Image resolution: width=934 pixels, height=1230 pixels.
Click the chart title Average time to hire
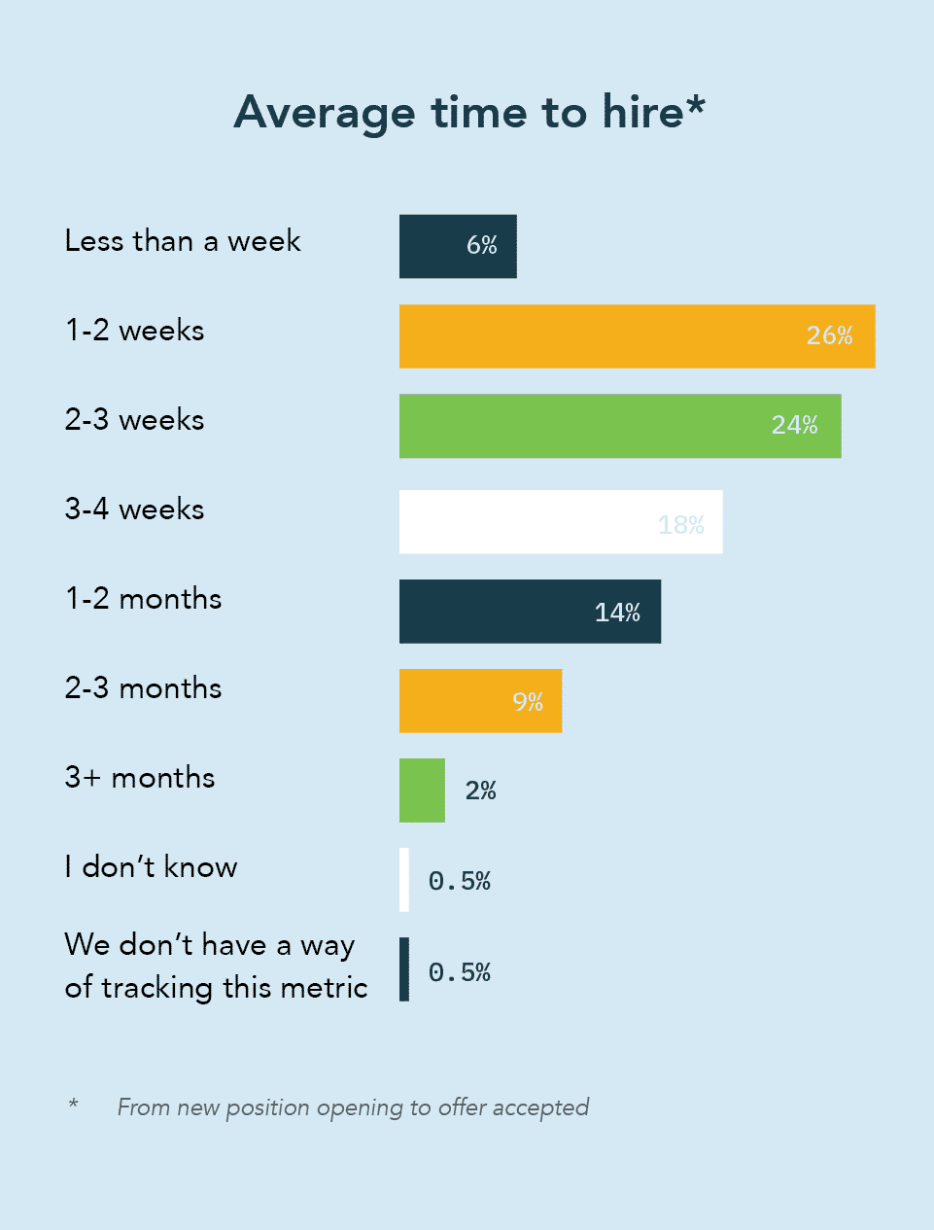coord(468,113)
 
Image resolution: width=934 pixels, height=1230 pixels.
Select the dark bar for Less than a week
coord(458,246)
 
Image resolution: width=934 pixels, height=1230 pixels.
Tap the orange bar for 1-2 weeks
coord(637,336)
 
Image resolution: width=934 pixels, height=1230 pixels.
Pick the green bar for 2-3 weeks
coord(620,426)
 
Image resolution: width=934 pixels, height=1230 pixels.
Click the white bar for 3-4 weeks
coord(561,522)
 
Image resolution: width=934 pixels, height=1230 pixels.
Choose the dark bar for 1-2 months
coord(530,612)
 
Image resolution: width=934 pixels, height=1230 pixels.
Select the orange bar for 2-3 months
coord(480,701)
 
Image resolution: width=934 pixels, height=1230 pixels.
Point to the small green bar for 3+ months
coord(422,791)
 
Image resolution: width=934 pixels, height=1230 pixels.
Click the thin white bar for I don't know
coord(404,880)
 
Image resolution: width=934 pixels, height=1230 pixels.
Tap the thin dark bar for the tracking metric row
coord(404,969)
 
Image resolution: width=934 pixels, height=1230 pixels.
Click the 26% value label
coord(829,335)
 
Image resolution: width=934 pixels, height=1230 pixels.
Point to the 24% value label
coord(794,425)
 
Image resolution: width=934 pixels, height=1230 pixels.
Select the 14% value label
coord(617,613)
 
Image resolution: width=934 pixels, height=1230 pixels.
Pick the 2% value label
coord(480,791)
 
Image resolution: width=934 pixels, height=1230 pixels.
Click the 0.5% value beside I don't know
coord(459,881)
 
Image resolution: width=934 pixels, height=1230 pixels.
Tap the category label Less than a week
coord(183,241)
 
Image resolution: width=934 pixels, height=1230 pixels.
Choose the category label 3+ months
coord(140,778)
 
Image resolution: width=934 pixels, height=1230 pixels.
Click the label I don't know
coord(151,866)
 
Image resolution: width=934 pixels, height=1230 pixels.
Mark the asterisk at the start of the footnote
coord(73,1104)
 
